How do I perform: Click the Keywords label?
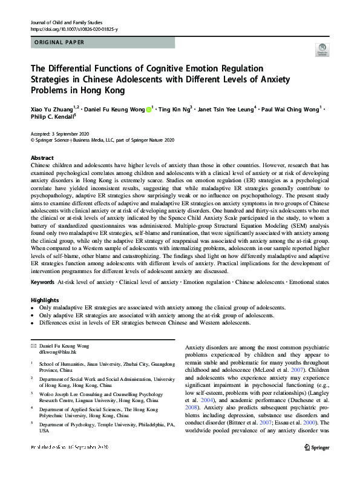pyautogui.click(x=42, y=283)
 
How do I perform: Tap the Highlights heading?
pyautogui.click(x=45, y=300)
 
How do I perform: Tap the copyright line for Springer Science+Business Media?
pyautogui.click(x=94, y=140)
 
